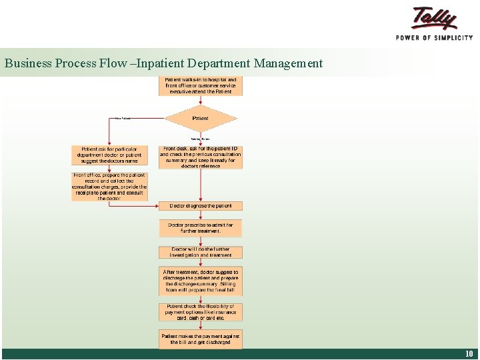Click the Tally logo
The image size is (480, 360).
434,18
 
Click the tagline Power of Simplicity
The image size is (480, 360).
434,37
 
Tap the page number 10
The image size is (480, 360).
469,354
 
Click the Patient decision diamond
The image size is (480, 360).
200,119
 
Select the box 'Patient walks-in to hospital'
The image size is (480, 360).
200,85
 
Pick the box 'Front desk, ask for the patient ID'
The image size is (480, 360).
200,157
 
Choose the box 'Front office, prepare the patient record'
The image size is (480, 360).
109,187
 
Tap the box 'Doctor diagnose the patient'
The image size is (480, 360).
200,206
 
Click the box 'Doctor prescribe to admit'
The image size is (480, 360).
200,228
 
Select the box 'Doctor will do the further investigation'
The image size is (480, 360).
200,252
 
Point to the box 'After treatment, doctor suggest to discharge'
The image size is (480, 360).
200,281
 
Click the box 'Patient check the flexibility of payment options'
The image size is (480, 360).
200,312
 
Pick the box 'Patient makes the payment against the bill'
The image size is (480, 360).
200,339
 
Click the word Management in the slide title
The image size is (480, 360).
287,64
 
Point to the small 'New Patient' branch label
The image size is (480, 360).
123,119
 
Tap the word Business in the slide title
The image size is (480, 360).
27,64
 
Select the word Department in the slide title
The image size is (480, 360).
217,64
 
